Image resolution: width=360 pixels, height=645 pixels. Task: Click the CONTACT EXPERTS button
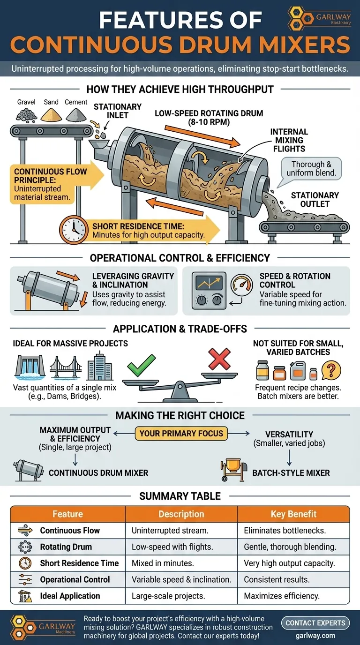pos(315,623)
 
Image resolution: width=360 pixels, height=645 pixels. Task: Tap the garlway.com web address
pos(315,636)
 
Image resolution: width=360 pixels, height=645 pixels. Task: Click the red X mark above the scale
pos(219,359)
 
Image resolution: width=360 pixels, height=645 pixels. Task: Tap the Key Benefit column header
pos(293,514)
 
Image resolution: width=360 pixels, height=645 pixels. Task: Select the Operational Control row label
pos(75,579)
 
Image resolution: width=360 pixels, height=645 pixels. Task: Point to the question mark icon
pos(331,370)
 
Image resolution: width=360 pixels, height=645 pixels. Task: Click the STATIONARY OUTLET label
pos(315,199)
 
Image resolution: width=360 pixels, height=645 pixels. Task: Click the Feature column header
pos(67,514)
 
